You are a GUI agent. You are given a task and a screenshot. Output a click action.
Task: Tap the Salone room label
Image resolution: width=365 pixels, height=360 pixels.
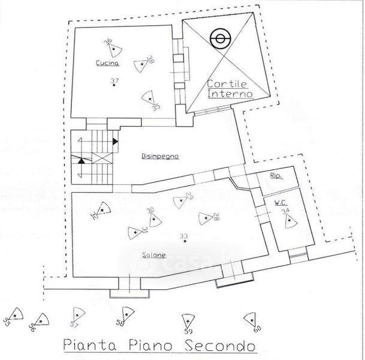[150, 254]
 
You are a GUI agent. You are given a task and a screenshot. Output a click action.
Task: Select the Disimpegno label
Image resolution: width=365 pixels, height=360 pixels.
[161, 156]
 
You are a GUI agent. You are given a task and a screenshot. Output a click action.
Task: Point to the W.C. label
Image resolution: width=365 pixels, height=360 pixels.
[280, 202]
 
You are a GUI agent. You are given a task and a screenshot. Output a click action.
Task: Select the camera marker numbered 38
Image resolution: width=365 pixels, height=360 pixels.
[141, 63]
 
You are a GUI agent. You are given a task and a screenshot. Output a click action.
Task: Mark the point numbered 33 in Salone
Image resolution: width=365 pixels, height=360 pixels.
[185, 241]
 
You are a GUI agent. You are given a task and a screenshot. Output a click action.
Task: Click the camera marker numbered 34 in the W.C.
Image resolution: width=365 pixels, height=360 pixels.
[289, 220]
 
